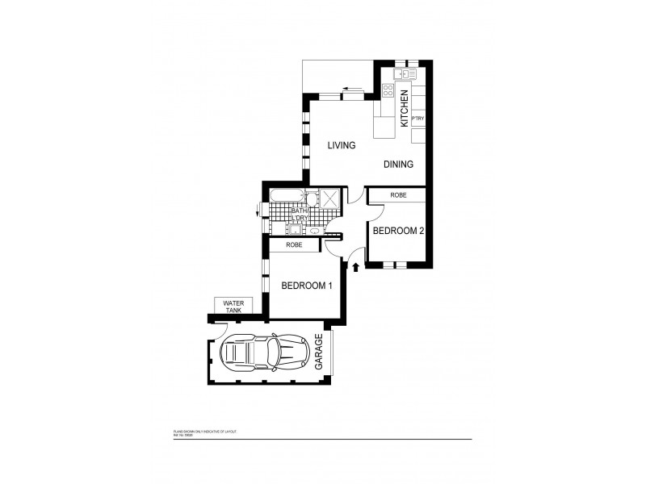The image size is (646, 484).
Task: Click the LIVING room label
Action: point(342,146)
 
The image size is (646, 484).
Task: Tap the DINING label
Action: point(398,165)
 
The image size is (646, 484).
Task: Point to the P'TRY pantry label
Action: point(417,119)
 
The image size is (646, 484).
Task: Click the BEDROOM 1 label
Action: point(306,286)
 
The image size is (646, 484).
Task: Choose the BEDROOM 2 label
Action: point(398,231)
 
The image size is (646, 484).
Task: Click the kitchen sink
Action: point(402,74)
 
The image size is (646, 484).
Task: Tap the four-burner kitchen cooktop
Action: point(387,91)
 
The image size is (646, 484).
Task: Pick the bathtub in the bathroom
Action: point(286,196)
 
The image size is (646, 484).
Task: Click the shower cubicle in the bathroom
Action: point(329,198)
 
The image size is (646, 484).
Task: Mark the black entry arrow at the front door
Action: point(355,265)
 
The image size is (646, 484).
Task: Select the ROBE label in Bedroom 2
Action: point(397,195)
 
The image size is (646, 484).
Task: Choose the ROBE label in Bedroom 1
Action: point(294,245)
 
